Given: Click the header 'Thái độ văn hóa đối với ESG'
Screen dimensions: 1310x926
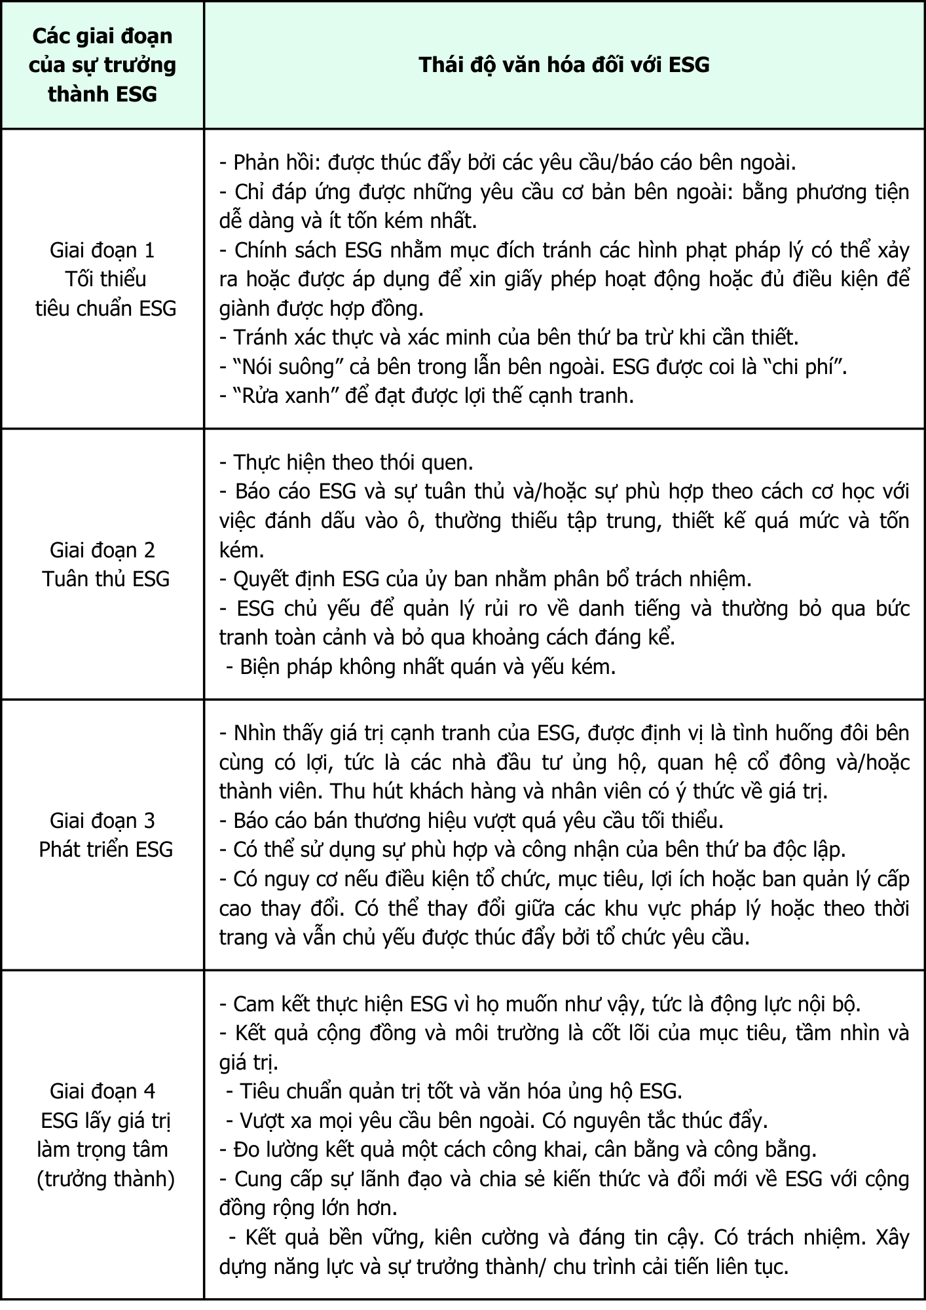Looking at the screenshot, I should click(x=564, y=64).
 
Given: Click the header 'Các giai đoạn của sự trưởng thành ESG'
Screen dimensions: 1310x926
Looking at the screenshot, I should click(x=103, y=65).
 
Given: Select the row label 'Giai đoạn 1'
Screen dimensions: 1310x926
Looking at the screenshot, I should click(x=103, y=250).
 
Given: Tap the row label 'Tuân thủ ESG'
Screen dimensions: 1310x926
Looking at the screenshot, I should click(x=105, y=579).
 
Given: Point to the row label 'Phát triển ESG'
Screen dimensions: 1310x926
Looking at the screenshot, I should click(x=105, y=850).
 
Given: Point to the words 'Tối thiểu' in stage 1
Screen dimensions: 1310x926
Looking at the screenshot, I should click(x=105, y=280).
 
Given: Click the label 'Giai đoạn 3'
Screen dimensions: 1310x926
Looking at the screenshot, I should click(x=103, y=821).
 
